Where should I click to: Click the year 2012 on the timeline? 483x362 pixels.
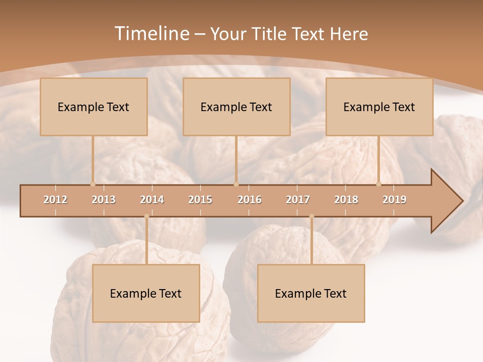(x=55, y=200)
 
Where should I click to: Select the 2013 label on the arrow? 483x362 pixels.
(x=104, y=200)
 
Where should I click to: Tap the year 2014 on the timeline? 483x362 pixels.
(x=152, y=200)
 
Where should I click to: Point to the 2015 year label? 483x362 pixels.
(x=200, y=200)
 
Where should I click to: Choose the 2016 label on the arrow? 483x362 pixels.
(x=250, y=200)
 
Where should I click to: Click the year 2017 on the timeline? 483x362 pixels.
(x=298, y=200)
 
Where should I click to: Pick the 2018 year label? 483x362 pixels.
(x=346, y=200)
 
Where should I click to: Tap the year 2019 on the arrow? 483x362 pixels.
(x=394, y=200)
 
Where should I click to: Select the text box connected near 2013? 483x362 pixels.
(x=94, y=107)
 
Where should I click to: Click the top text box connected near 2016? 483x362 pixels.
(x=236, y=107)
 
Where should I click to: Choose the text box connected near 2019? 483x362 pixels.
(x=379, y=107)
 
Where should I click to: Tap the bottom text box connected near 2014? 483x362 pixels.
(x=146, y=294)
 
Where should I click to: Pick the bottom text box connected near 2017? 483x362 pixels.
(x=311, y=294)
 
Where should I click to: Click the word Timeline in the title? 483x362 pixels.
(x=150, y=34)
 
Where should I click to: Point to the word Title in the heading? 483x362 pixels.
(x=271, y=34)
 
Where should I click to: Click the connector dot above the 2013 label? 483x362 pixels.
(x=93, y=184)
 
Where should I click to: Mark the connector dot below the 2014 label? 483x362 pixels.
(x=146, y=216)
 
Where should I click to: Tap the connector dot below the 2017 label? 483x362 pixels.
(x=311, y=216)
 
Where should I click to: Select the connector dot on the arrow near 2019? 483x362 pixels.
(x=379, y=184)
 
